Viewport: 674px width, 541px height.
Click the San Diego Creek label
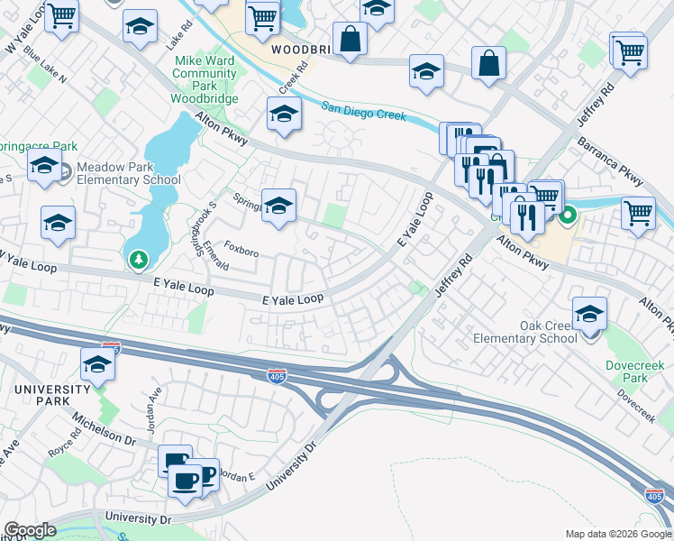pos(364,112)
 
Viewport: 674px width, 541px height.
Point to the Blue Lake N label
pos(45,66)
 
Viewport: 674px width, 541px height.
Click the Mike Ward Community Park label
pos(205,79)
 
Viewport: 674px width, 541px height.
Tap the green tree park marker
pos(138,261)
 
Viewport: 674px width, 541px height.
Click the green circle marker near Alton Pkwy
pos(568,215)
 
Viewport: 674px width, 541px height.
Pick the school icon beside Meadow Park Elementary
pos(44,167)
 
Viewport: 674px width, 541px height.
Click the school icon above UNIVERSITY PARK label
pos(97,365)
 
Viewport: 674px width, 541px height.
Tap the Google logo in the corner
pos(30,530)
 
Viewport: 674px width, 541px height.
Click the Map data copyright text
pos(618,534)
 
